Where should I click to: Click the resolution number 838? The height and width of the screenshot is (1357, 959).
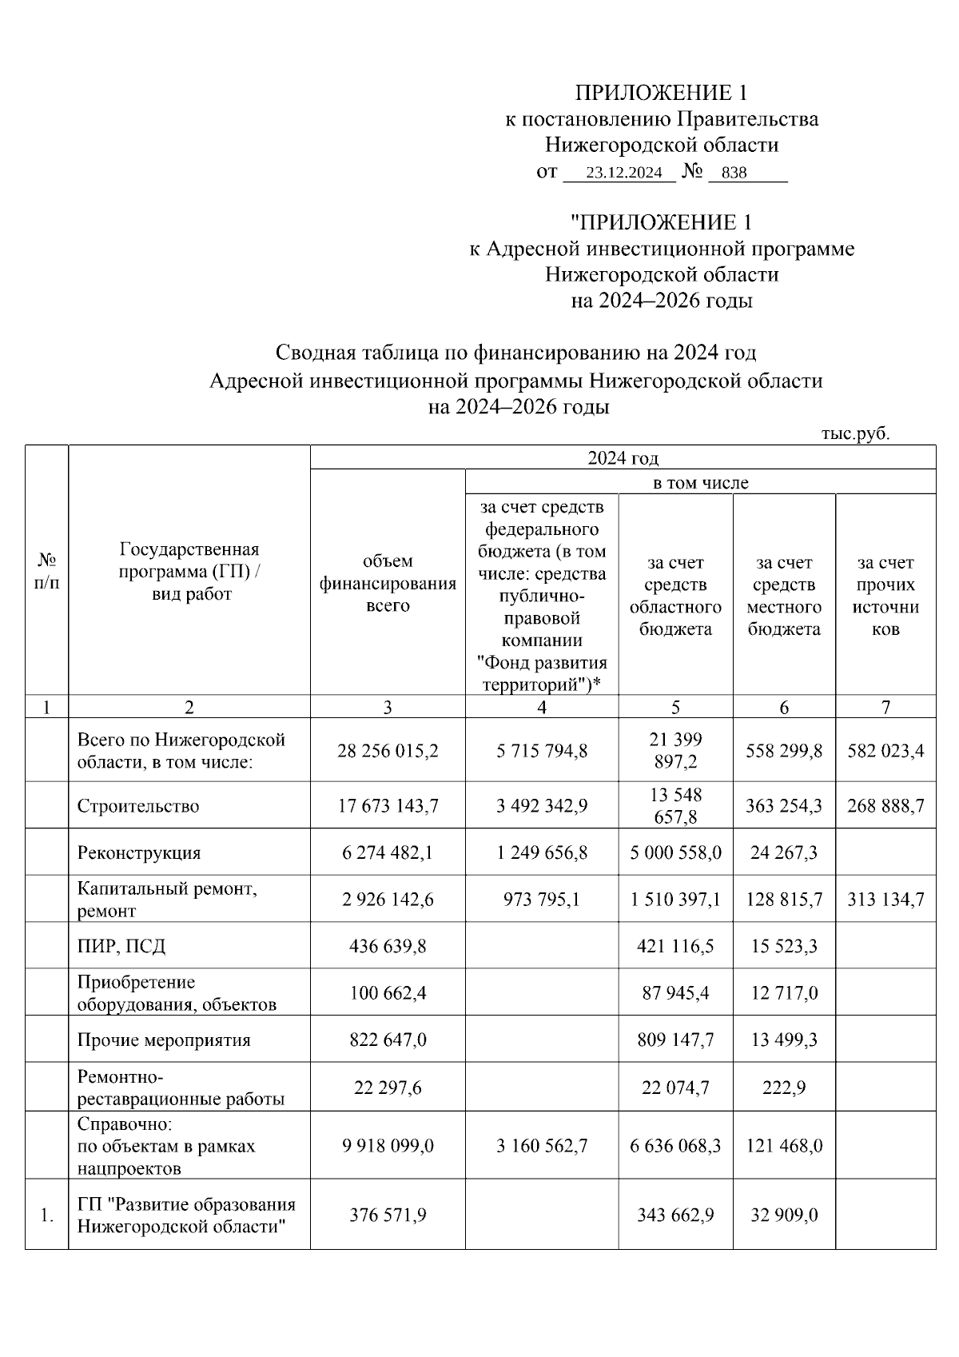734,173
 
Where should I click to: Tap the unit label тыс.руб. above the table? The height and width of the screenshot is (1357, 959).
854,433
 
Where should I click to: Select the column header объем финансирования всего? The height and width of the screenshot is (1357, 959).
388,583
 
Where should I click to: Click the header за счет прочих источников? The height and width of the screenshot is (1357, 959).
885,595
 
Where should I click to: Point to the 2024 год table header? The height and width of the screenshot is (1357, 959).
623,458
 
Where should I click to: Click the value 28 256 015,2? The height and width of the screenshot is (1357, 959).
388,751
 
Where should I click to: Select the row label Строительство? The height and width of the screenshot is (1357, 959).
138,806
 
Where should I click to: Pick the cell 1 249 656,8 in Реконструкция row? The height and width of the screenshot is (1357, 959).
542,852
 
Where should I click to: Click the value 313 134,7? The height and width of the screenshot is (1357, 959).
885,900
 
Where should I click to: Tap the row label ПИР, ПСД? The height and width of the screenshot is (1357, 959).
121,946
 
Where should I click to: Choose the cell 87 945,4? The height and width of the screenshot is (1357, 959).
675,993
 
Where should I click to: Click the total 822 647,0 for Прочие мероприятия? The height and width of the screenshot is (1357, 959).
388,1040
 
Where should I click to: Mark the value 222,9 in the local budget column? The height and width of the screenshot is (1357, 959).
784,1088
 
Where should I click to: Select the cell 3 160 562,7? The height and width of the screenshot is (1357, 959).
542,1146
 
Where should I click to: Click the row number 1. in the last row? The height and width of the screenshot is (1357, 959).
47,1215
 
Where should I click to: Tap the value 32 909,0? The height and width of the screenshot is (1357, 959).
784,1215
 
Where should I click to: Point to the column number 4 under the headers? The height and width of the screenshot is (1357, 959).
542,707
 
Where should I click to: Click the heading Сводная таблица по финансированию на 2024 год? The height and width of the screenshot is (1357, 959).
515,353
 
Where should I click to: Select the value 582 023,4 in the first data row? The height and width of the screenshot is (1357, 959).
885,751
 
